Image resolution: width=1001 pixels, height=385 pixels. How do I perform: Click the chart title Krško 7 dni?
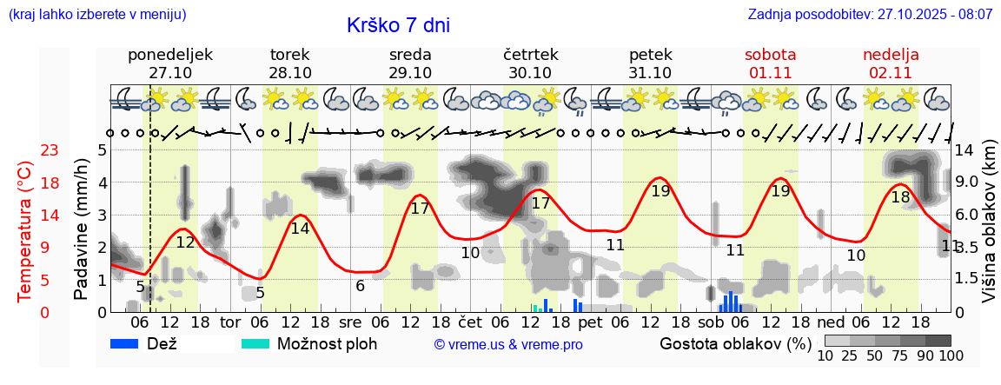tap(398, 25)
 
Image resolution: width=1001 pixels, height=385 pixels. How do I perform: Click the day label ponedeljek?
tap(170, 55)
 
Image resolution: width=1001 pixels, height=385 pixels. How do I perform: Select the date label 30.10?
tap(530, 73)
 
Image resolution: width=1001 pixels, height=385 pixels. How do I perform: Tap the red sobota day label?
tap(770, 55)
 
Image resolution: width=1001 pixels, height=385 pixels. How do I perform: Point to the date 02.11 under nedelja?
tap(891, 73)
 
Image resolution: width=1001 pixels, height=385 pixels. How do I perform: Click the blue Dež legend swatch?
tap(126, 343)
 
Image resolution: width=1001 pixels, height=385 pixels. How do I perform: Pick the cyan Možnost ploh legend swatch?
tap(255, 343)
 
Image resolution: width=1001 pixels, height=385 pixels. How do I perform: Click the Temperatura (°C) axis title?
tap(25, 231)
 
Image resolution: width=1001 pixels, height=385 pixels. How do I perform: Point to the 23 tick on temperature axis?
tap(26, 150)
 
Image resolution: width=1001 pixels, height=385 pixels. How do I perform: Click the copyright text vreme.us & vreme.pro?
tap(508, 345)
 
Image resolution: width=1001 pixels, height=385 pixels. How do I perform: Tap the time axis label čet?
tap(470, 322)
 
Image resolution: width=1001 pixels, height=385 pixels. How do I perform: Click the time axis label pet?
tap(590, 322)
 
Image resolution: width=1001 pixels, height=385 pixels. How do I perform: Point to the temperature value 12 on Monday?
tap(185, 242)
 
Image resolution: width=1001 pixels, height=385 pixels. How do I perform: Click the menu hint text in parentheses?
tap(96, 15)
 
